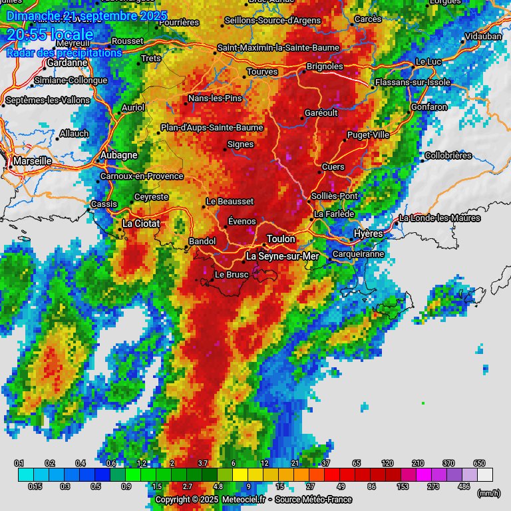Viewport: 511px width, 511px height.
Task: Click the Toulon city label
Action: tap(281, 239)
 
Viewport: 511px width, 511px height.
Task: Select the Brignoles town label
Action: tap(325, 67)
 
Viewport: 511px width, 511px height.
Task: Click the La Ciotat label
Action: tap(140, 224)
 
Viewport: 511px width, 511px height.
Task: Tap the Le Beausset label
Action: tap(230, 201)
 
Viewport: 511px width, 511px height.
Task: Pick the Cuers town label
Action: tap(333, 166)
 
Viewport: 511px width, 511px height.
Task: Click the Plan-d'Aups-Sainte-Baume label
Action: tap(212, 128)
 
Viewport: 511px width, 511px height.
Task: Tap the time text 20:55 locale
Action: tap(50, 35)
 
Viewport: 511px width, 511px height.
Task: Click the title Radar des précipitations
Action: tap(64, 53)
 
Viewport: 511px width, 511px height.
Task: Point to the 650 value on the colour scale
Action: tap(479, 463)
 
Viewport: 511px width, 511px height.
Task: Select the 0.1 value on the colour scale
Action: tap(19, 463)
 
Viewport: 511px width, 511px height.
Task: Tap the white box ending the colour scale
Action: tap(485, 474)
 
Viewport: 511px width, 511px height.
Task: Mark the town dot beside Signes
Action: tap(224, 149)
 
